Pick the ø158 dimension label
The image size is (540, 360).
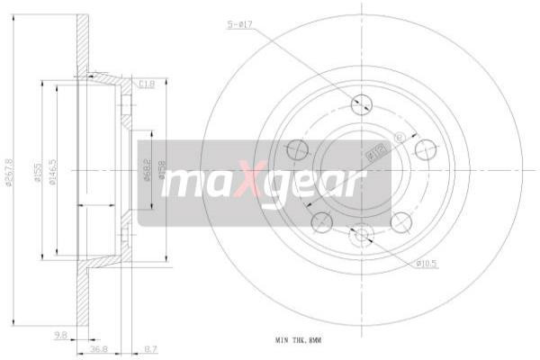(162, 170)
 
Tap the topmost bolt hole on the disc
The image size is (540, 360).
(362, 103)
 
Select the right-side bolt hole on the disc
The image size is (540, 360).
(424, 148)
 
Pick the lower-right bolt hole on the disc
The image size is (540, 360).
(401, 221)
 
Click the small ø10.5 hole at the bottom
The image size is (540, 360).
(362, 236)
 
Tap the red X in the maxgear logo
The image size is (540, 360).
(254, 182)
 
